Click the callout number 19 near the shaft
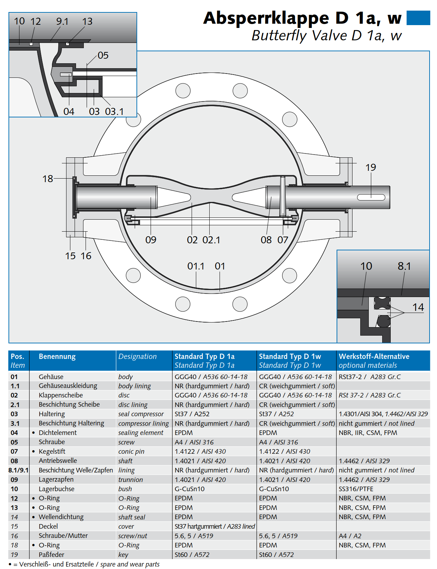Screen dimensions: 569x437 pos(371,167)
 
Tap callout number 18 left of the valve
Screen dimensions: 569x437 pos(48,179)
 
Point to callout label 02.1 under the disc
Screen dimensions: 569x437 pos(211,240)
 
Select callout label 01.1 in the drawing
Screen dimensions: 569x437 pos(196,266)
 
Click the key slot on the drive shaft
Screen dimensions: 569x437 pos(371,197)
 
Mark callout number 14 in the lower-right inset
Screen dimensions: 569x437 pos(418,307)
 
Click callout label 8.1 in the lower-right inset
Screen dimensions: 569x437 pos(404,266)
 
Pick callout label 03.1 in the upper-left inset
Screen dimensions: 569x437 pos(114,112)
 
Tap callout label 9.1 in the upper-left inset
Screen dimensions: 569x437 pos(62,22)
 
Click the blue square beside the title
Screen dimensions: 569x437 pos(418,18)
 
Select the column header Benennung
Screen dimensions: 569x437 pos(57,356)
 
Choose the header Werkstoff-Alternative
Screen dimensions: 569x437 pos(374,356)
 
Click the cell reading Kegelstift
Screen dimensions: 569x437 pos(52,451)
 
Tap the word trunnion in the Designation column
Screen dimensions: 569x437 pos(130,480)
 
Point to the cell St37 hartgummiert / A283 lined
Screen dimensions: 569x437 pos(215,526)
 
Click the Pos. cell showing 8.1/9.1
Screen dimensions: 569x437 pos(18,470)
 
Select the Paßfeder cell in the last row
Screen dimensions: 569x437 pos(52,555)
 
